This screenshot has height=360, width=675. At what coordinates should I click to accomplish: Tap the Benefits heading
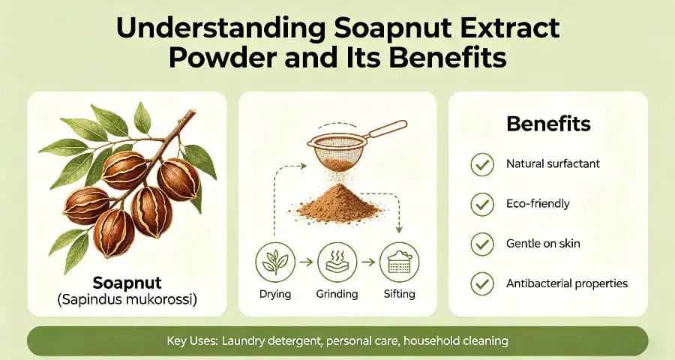point(548,124)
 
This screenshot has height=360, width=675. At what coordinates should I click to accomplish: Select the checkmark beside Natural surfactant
point(481,164)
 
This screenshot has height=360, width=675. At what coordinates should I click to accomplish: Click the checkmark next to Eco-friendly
point(481,204)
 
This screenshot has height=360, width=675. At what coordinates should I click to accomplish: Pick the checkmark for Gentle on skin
point(481,244)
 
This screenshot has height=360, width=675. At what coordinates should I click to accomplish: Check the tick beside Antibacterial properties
point(481,283)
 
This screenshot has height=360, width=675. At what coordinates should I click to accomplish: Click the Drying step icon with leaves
point(274,262)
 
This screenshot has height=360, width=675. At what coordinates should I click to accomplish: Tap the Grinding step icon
point(337,262)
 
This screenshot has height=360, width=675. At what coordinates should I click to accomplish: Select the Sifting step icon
point(399,262)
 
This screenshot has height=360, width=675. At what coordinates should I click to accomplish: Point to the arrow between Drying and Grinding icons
point(305,262)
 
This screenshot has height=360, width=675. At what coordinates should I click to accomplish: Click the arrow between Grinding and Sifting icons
point(367,262)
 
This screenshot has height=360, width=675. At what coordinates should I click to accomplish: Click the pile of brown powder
point(338,203)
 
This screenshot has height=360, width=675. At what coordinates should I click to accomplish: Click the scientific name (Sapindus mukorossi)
point(127,301)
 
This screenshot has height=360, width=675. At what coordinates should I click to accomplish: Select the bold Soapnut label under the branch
point(127,283)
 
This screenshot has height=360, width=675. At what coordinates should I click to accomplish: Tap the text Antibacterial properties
point(567,283)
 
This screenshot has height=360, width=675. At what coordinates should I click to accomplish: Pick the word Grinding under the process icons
point(337,294)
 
